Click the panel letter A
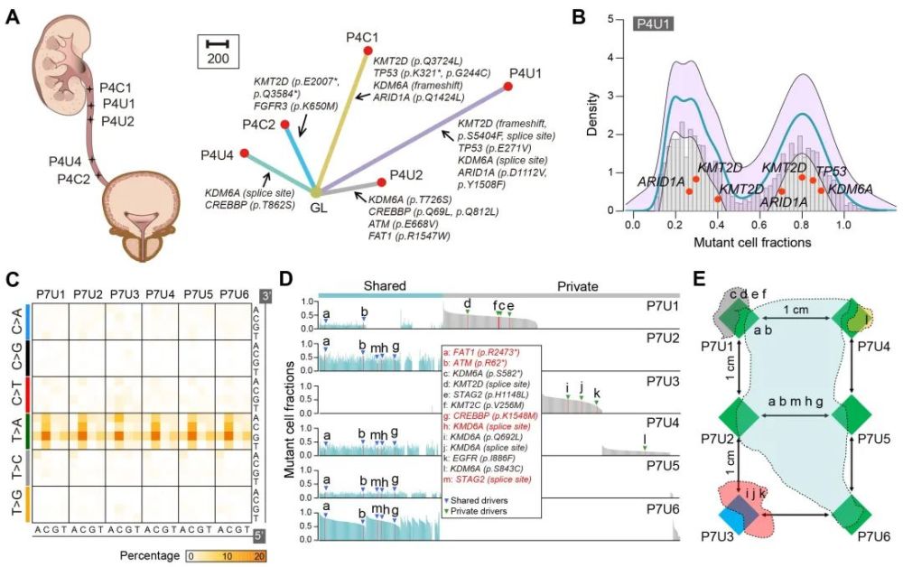click(14, 17)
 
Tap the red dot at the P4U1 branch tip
click(508, 85)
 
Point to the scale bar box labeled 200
click(217, 51)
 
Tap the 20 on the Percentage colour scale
click(260, 554)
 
